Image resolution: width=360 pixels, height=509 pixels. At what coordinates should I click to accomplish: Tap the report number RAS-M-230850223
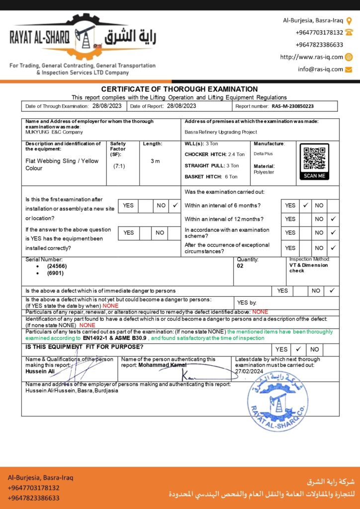[x=292, y=106]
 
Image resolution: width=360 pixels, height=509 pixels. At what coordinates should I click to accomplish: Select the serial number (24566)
[x=57, y=266]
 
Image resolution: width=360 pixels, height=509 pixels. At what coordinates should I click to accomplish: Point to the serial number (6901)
[x=55, y=273]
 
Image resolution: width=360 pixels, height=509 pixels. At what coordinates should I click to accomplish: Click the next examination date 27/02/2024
[x=249, y=371]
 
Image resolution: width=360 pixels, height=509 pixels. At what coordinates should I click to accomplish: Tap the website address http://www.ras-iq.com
[x=311, y=57]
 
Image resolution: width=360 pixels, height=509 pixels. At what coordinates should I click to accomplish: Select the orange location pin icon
[x=349, y=20]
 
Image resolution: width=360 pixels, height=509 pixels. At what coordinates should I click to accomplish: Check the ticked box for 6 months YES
[x=305, y=205]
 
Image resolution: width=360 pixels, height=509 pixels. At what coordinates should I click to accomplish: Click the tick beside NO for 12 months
[x=333, y=219]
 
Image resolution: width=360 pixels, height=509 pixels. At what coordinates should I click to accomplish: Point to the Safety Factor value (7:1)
[x=119, y=166]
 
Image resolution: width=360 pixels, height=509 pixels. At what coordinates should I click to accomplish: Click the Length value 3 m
[x=155, y=161]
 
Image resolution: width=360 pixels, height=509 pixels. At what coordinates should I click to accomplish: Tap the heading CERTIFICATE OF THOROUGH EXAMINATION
[x=180, y=89]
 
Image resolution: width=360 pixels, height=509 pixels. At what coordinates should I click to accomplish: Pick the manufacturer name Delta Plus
[x=263, y=154]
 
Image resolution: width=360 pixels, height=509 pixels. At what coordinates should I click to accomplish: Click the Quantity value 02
[x=241, y=266]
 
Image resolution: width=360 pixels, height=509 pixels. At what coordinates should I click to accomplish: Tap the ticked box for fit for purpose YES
[x=297, y=349]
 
